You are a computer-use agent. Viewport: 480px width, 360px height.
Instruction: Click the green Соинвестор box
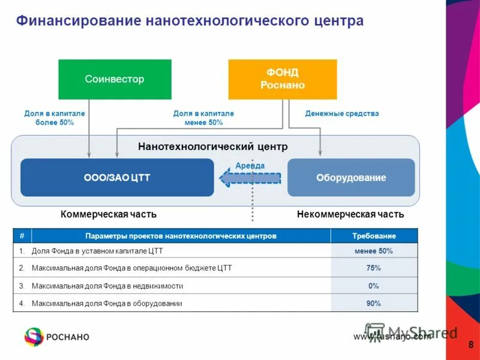pyautogui.click(x=115, y=79)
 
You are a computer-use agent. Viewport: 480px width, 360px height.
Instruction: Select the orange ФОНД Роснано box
pyautogui.click(x=282, y=79)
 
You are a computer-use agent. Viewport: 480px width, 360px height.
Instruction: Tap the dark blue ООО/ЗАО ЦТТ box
pyautogui.click(x=117, y=178)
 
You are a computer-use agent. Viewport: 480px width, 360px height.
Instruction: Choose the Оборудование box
pyautogui.click(x=351, y=178)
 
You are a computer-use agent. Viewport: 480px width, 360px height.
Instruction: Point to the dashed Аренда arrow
pyautogui.click(x=249, y=178)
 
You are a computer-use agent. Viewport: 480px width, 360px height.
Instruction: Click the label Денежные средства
pyautogui.click(x=342, y=113)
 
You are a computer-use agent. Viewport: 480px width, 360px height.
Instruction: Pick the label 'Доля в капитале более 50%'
pyautogui.click(x=55, y=118)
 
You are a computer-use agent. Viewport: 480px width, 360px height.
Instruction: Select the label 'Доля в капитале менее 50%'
pyautogui.click(x=203, y=118)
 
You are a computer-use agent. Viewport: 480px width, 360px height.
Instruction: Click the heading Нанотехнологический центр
pyautogui.click(x=213, y=146)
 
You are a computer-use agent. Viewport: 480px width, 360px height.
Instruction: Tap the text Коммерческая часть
pyautogui.click(x=109, y=214)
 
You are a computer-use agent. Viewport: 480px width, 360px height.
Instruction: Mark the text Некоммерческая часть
pyautogui.click(x=350, y=214)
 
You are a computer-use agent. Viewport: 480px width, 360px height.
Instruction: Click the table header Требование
pyautogui.click(x=374, y=236)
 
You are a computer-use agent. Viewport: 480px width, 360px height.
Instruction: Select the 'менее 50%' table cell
pyautogui.click(x=374, y=251)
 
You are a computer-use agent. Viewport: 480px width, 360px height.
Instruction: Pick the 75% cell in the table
pyautogui.click(x=374, y=268)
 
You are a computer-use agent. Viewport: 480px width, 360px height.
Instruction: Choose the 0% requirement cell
pyautogui.click(x=374, y=286)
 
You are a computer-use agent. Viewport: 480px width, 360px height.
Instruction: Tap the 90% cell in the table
pyautogui.click(x=374, y=304)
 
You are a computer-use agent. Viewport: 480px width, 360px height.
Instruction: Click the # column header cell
pyautogui.click(x=22, y=236)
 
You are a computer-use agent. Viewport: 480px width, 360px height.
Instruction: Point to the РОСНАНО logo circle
pyautogui.click(x=34, y=337)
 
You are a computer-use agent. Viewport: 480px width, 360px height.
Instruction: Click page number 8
pyautogui.click(x=470, y=344)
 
